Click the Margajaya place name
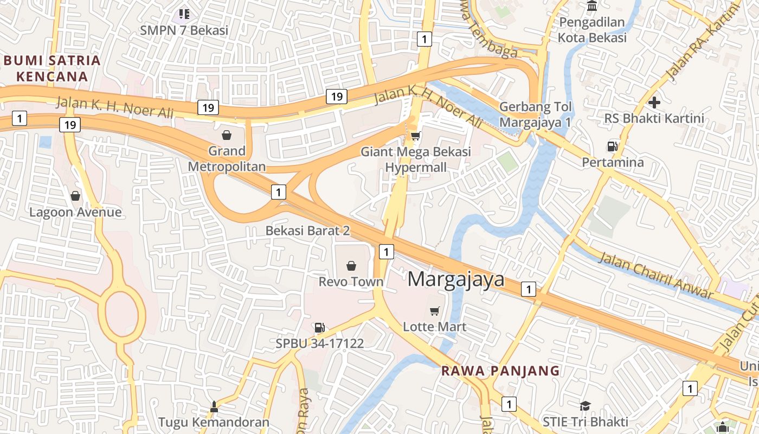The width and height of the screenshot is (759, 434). pos(455,279)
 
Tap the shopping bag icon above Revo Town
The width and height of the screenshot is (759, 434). pos(351,266)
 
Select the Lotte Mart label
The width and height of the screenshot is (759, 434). pos(434,327)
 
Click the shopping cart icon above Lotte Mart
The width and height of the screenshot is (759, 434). pos(434,311)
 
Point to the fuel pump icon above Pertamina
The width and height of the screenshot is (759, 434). pos(612,146)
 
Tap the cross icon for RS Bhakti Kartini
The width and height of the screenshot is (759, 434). pos(654,102)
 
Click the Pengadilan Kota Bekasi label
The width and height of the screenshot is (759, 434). pos(592,30)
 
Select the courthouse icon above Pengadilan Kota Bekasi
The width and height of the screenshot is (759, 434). pos(592,7)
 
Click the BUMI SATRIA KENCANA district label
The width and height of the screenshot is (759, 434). pos(52,68)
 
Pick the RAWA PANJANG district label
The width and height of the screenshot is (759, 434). pos(500,371)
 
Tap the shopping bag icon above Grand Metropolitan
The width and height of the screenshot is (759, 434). pos(227,135)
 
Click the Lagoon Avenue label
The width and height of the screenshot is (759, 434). pos(75,212)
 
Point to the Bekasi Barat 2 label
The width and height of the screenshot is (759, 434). pos(307,231)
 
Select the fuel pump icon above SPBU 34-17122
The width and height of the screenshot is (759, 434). pos(319,327)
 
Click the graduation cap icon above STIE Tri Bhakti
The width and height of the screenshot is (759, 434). pos(585,406)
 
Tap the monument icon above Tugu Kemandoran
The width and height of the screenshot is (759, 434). pos(214,406)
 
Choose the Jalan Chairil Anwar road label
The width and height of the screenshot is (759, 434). pos(655,276)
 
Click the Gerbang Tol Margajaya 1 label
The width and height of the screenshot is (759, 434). pos(535,114)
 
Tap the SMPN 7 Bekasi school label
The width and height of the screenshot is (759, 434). pos(184,30)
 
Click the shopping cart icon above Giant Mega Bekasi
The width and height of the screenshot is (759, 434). pos(416,136)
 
